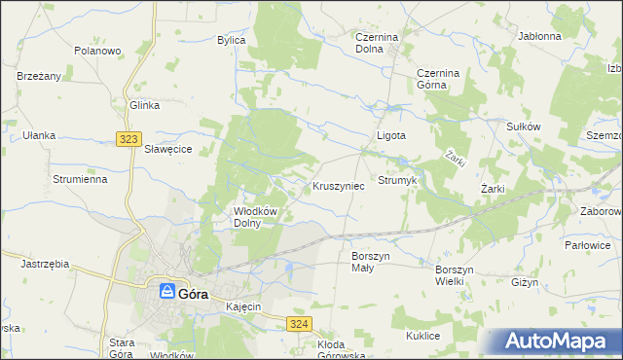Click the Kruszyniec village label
click(x=339, y=185)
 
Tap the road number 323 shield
click(x=128, y=139)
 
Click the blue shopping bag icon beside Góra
click(x=167, y=291)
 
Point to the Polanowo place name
click(x=97, y=51)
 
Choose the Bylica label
click(x=232, y=40)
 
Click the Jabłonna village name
click(x=540, y=36)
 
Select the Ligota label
click(x=391, y=136)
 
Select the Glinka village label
click(x=144, y=105)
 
